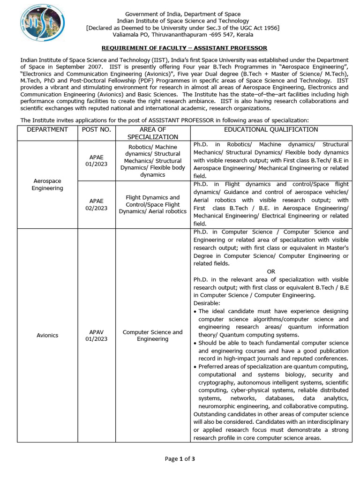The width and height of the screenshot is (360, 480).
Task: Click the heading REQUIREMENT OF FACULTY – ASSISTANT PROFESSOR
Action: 184,48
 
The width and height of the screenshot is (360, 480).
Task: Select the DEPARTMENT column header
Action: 47,130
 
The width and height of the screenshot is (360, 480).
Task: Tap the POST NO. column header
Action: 96,130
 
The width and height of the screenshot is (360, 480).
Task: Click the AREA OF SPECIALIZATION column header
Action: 153,133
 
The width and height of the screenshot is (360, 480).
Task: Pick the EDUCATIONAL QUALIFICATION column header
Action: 270,130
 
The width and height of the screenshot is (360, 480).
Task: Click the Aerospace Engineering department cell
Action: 47,184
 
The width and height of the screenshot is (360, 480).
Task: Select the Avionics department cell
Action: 47,335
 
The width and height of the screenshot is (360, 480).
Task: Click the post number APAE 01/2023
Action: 96,161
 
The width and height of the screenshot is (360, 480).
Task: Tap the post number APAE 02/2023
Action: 96,204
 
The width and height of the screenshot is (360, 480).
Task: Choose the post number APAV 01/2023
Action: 96,335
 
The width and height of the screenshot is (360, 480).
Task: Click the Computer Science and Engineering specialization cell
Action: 153,335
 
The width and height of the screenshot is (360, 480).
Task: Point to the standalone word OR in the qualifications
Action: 271,271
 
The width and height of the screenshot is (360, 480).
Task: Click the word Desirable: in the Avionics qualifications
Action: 207,303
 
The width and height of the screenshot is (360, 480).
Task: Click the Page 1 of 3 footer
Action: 180,459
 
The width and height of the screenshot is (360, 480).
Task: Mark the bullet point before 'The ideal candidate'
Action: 195,312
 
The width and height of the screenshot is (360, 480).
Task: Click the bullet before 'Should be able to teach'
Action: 195,343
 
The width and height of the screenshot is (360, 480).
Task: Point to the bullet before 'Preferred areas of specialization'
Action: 195,367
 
